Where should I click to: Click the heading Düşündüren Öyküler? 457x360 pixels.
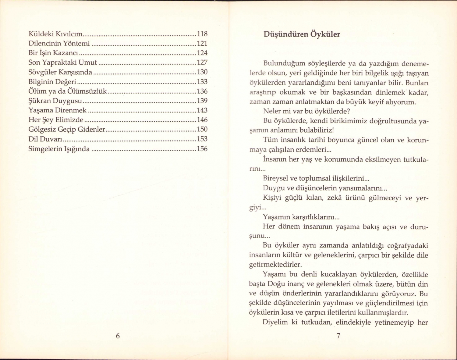(x=302, y=34)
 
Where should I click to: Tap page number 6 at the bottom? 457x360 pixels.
(x=118, y=336)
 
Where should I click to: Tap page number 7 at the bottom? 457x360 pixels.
(x=338, y=336)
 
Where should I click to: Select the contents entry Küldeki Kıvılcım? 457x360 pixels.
(x=55, y=34)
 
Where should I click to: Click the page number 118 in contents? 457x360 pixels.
(x=202, y=34)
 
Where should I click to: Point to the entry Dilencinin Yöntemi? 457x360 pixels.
(x=59, y=44)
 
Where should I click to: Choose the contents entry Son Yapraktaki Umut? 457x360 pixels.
(x=62, y=62)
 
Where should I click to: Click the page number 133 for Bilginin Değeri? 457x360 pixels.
(x=202, y=82)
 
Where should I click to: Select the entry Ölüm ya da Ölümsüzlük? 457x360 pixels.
(x=68, y=91)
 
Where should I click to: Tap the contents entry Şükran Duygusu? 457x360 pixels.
(x=55, y=101)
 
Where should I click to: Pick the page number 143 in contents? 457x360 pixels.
(x=202, y=110)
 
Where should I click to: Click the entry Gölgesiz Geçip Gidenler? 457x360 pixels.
(x=67, y=130)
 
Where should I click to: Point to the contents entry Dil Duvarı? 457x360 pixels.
(x=45, y=139)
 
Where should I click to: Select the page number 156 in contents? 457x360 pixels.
(x=202, y=149)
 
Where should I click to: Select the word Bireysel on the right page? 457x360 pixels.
(x=275, y=179)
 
